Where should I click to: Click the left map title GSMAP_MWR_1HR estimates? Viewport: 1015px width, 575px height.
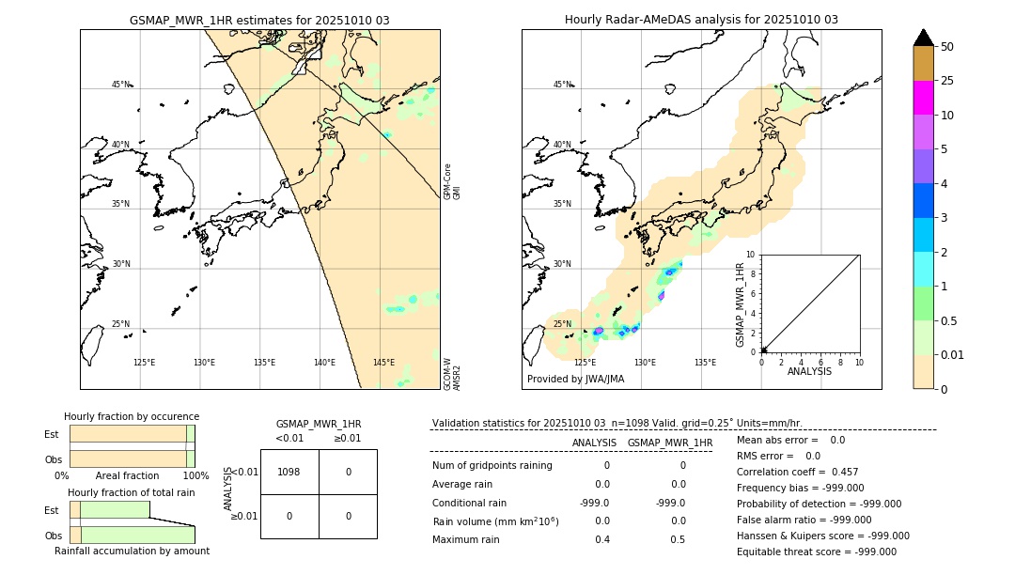(259, 20)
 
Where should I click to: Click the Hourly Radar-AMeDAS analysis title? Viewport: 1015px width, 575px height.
(701, 20)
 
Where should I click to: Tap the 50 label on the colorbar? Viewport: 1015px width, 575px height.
(947, 47)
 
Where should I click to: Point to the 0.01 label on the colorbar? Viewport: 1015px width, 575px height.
(954, 354)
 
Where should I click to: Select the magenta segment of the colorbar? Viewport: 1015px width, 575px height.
(923, 98)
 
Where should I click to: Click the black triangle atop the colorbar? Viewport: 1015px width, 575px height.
(923, 38)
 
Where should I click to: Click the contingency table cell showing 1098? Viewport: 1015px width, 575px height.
(289, 472)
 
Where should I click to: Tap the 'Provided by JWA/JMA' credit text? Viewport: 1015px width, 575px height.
(575, 379)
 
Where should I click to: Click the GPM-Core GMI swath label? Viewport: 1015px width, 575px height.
(452, 181)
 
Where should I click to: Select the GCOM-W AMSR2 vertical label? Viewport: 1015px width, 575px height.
(452, 374)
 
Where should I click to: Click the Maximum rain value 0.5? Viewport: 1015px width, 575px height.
(678, 539)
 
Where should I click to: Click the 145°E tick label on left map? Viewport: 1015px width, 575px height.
(383, 363)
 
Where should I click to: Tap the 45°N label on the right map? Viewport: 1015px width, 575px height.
(562, 85)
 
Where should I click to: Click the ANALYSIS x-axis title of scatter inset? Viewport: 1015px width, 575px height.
(809, 371)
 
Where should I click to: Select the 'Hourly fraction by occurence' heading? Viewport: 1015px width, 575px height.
(132, 416)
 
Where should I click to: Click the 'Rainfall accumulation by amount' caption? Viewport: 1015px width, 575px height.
(132, 551)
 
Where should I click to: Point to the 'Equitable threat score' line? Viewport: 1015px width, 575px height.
(816, 552)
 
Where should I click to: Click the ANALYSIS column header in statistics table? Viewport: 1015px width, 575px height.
(594, 443)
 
